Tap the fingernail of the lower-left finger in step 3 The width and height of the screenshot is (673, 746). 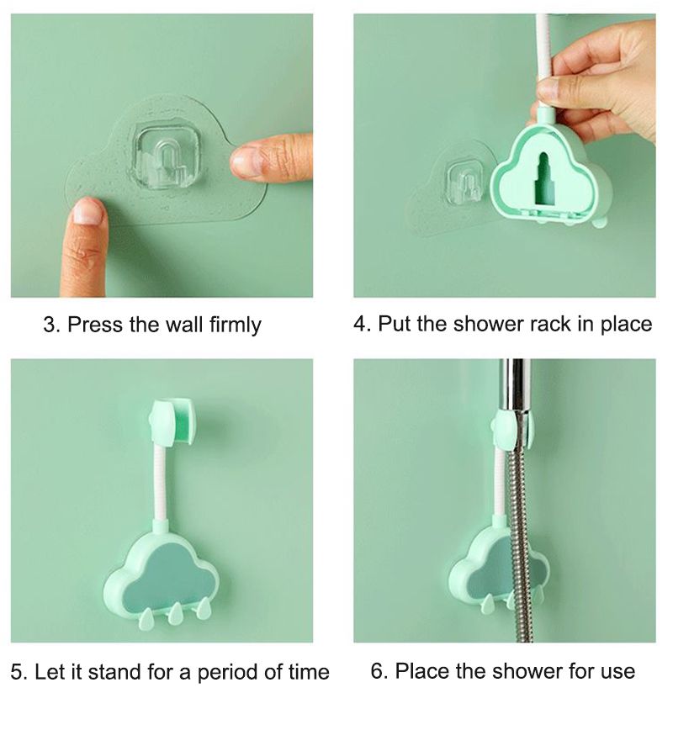(87, 210)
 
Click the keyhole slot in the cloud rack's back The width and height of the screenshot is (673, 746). (546, 180)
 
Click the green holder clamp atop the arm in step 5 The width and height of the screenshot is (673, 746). (172, 420)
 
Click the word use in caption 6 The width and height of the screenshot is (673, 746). (616, 671)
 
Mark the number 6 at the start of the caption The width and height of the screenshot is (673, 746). (377, 671)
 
